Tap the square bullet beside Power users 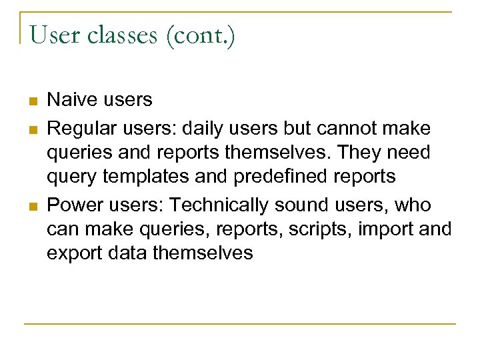[x=31, y=205]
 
